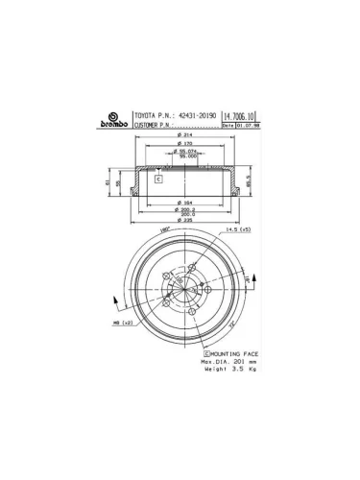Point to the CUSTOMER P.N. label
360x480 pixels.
coord(155,124)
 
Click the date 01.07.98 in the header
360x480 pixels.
coord(246,124)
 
